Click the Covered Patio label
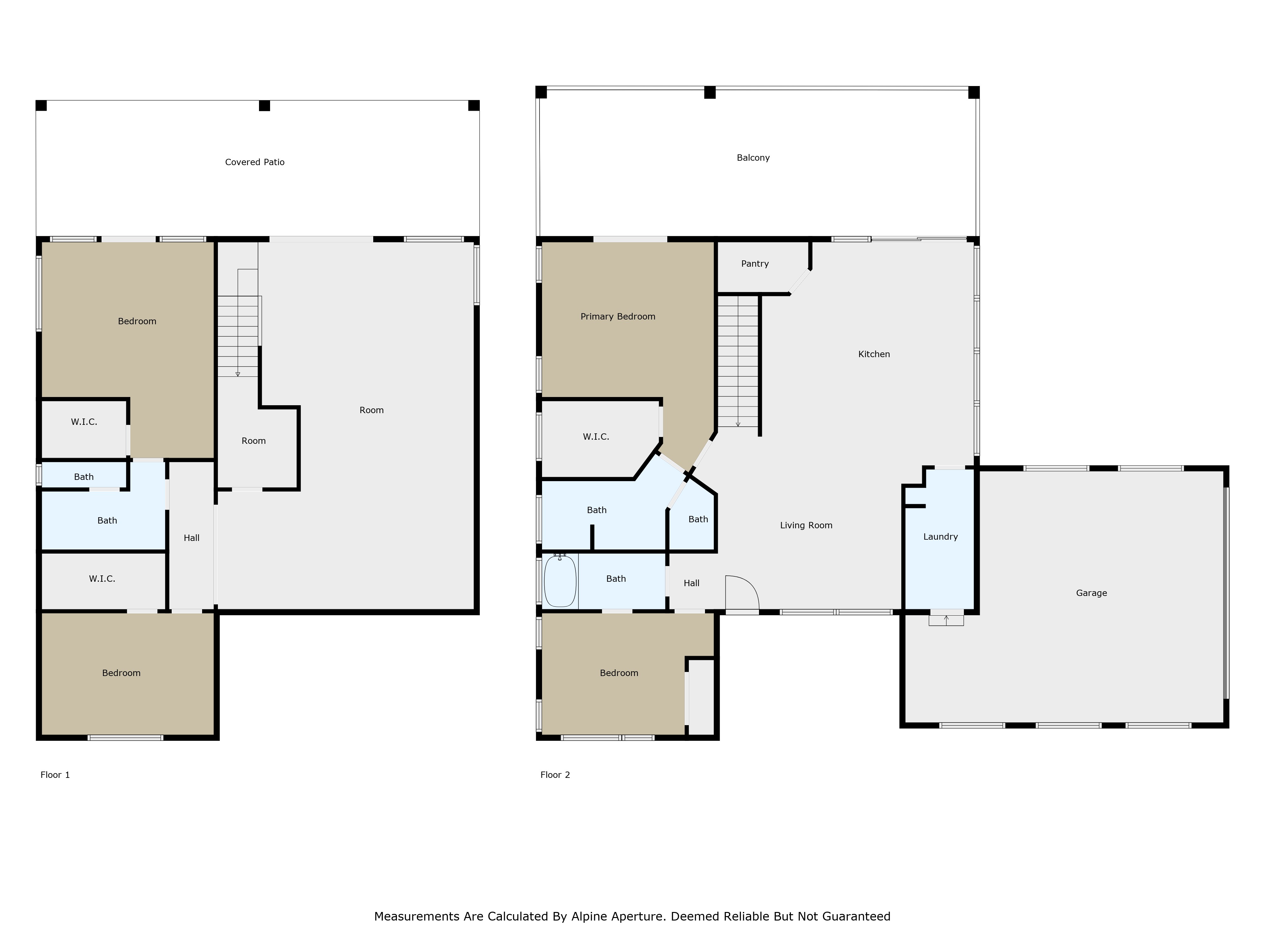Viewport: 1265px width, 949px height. (x=255, y=162)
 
